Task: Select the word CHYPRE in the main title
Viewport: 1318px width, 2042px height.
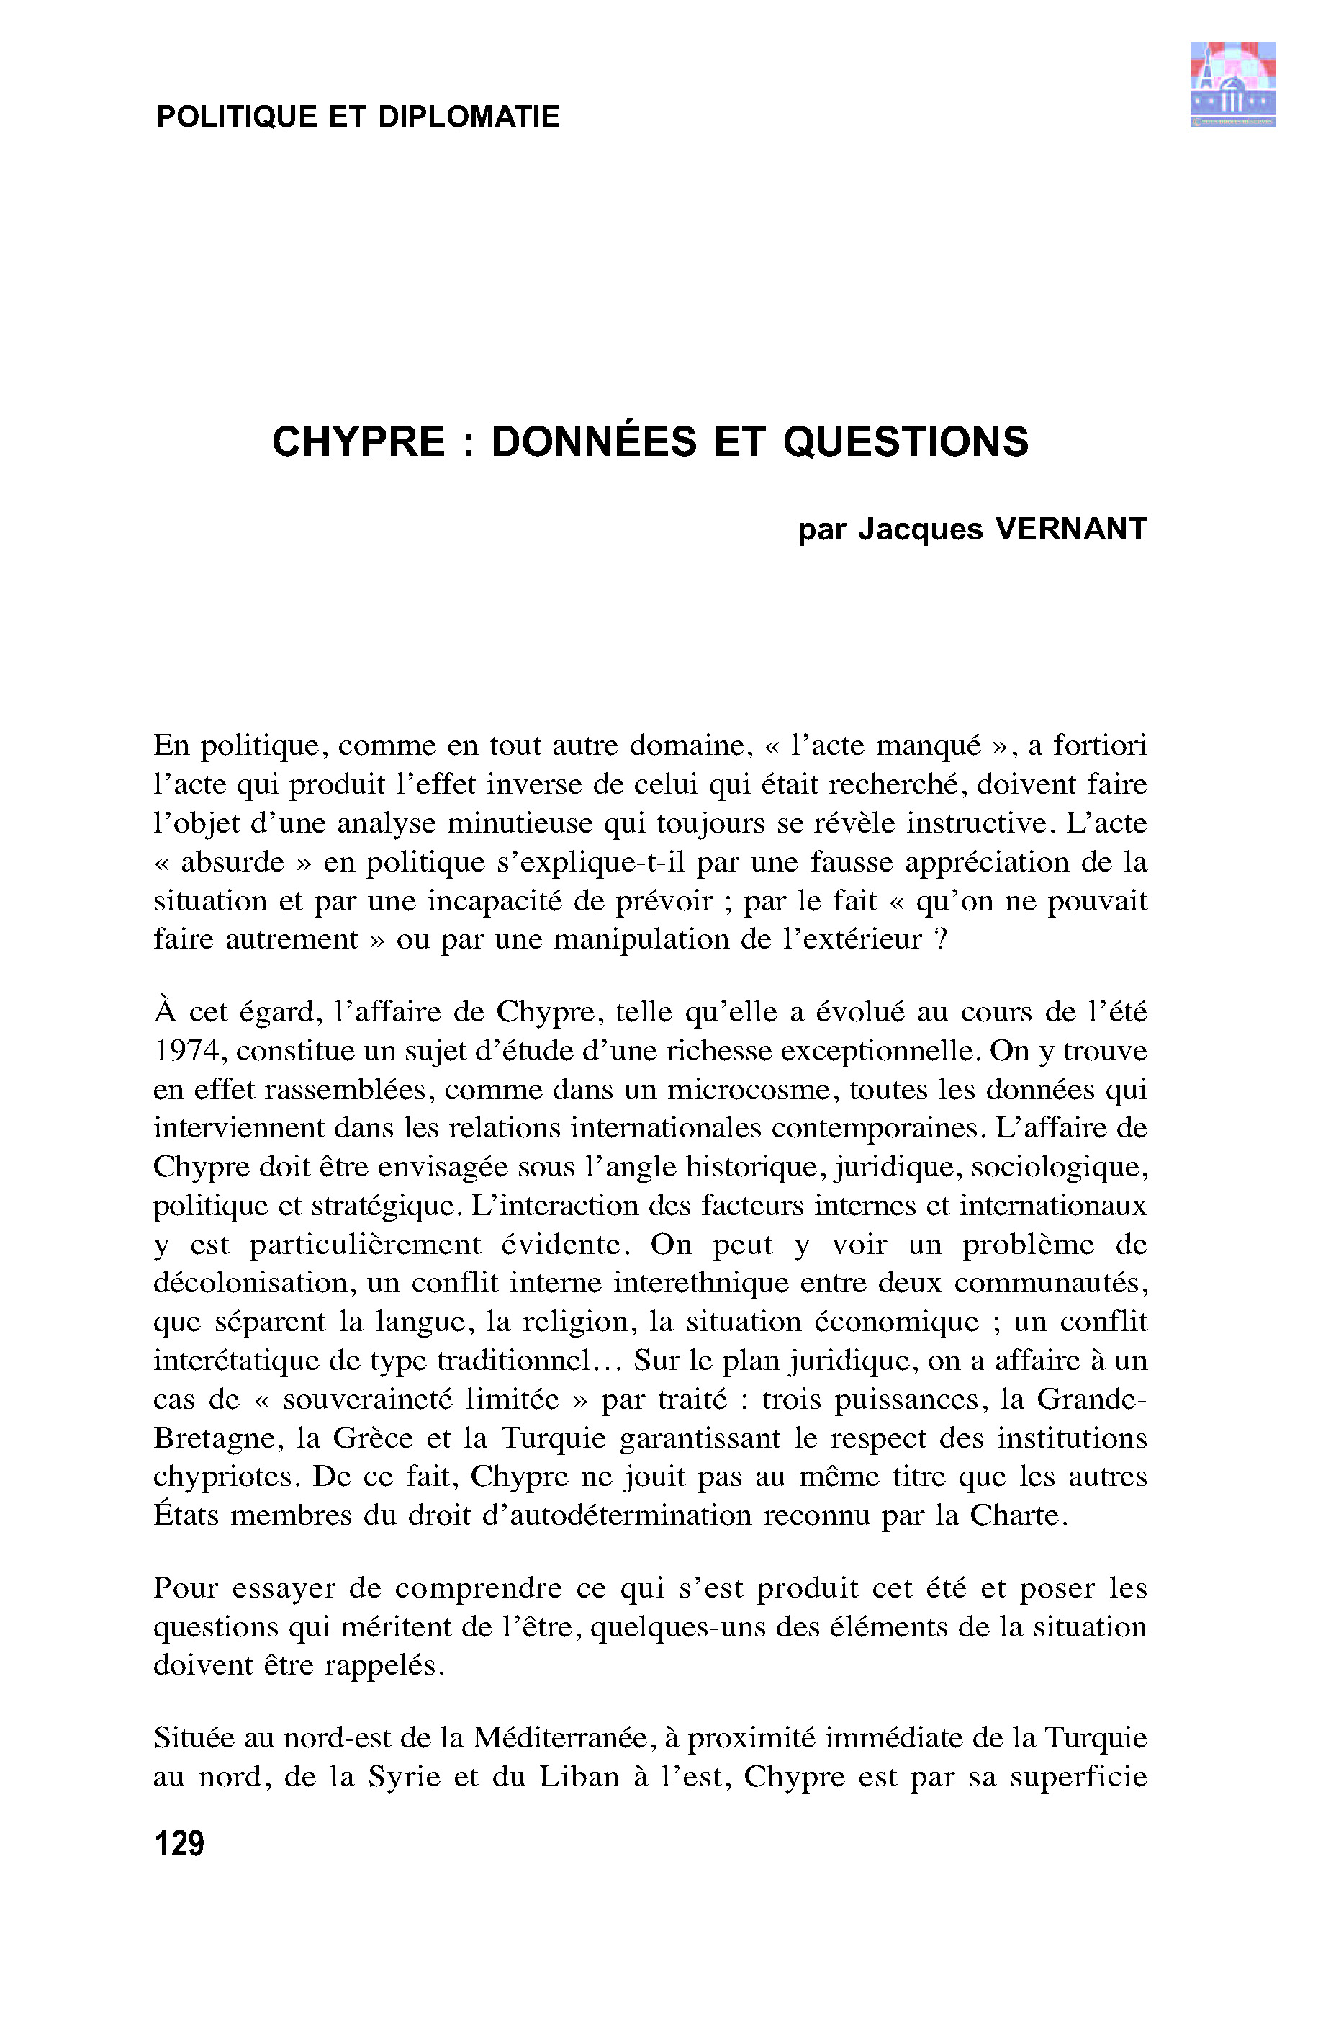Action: click(x=358, y=442)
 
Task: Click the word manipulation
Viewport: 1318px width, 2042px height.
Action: click(x=642, y=939)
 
